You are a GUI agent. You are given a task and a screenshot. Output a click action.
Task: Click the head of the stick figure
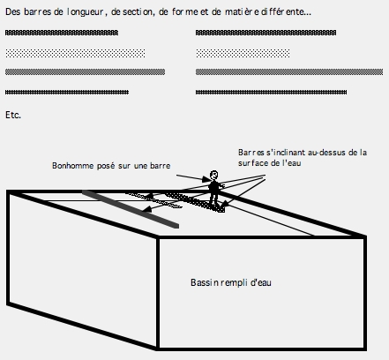pos(214,175)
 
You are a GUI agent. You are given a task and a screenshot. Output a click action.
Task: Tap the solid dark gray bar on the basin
pos(131,209)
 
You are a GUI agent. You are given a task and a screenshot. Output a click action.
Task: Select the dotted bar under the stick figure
pos(195,202)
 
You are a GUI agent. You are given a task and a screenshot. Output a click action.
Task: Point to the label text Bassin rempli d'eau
pos(231,282)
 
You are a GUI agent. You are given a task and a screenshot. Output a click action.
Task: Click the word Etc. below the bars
pos(13,115)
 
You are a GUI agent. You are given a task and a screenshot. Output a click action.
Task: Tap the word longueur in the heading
pos(85,12)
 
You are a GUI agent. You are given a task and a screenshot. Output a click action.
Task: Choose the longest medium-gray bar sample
pos(289,71)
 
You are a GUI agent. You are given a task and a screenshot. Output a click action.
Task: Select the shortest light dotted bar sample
pos(243,53)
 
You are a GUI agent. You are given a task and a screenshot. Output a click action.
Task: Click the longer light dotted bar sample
pos(75,53)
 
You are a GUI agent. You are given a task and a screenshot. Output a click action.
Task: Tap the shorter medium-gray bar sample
pos(85,71)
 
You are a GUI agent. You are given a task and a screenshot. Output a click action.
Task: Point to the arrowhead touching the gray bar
pos(146,209)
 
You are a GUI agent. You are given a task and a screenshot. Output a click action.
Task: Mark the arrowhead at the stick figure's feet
pos(224,204)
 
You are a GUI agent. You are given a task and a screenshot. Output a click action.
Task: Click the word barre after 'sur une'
pos(160,166)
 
